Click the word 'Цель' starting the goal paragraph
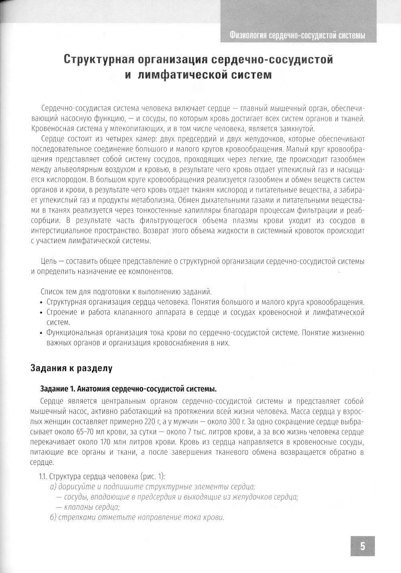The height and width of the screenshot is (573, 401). pos(48,261)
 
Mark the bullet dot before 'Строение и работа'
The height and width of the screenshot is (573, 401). pos(42,312)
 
